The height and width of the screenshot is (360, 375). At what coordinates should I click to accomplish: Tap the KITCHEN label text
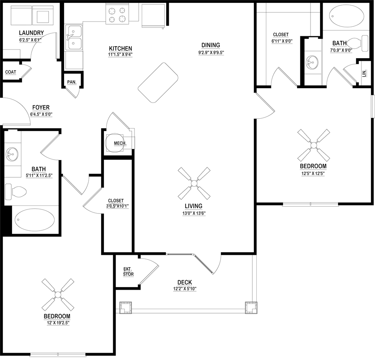pos(120,48)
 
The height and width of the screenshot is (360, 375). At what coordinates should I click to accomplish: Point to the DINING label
pos(211,45)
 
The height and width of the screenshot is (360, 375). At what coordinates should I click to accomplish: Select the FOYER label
pos(41,107)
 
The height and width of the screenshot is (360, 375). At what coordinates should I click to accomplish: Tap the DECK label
pos(185,282)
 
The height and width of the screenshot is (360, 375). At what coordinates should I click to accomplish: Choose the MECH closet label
pos(118,142)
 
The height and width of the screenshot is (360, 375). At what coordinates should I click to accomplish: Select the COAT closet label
pos(11,72)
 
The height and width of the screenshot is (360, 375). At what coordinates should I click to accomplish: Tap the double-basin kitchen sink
pos(74,38)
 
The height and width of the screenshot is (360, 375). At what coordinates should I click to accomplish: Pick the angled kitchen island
pos(158,82)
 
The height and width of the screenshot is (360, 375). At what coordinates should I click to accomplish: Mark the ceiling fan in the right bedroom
pos(314,145)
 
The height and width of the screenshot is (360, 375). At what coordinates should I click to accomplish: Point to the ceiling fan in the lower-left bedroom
pos(58,294)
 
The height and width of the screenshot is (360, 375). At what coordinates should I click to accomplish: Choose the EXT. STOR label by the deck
pos(127,271)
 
